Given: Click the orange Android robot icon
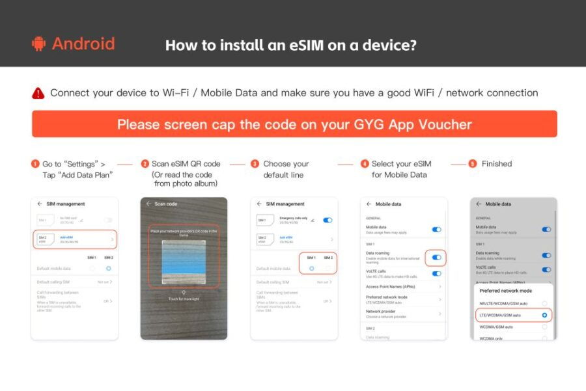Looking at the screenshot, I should tap(38, 44).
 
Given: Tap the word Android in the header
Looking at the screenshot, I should tap(83, 44).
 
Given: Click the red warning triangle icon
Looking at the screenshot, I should tap(38, 93).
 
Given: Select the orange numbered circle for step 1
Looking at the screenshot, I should tap(35, 164).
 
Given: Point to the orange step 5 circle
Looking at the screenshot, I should tap(473, 164).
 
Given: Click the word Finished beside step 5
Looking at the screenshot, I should tap(497, 164).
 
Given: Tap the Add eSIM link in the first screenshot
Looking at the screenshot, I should tap(68, 237).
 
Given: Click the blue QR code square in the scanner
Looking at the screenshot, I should tap(184, 261).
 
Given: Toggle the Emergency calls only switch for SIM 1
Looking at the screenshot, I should tap(328, 220).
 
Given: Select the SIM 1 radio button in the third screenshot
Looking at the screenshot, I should tap(311, 268).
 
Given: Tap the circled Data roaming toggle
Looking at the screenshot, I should tap(436, 258).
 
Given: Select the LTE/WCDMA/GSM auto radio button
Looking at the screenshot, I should tap(544, 315).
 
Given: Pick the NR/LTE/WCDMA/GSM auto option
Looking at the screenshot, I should tap(504, 303).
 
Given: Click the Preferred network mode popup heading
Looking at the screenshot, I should tap(506, 291).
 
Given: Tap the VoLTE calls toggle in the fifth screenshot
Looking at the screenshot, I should tap(546, 269).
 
